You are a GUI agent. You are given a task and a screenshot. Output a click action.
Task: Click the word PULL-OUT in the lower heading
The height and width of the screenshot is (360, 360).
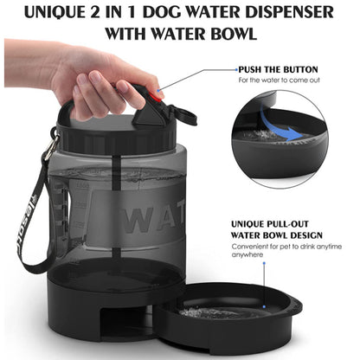pyautogui.click(x=291, y=221)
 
